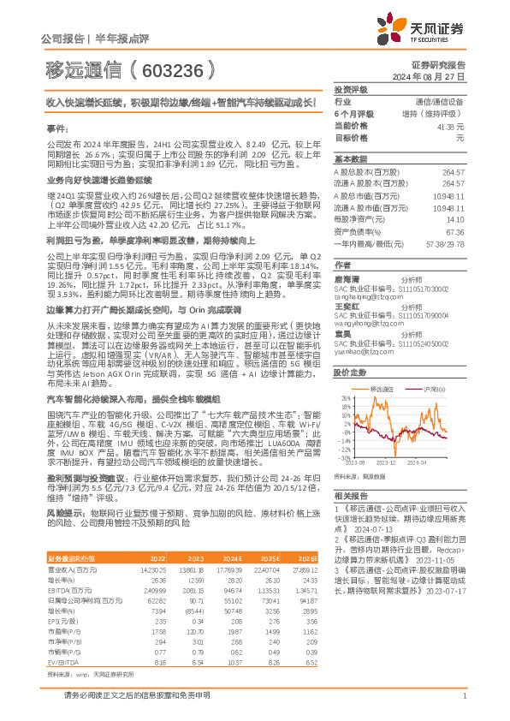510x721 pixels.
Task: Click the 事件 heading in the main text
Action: click(56, 127)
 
